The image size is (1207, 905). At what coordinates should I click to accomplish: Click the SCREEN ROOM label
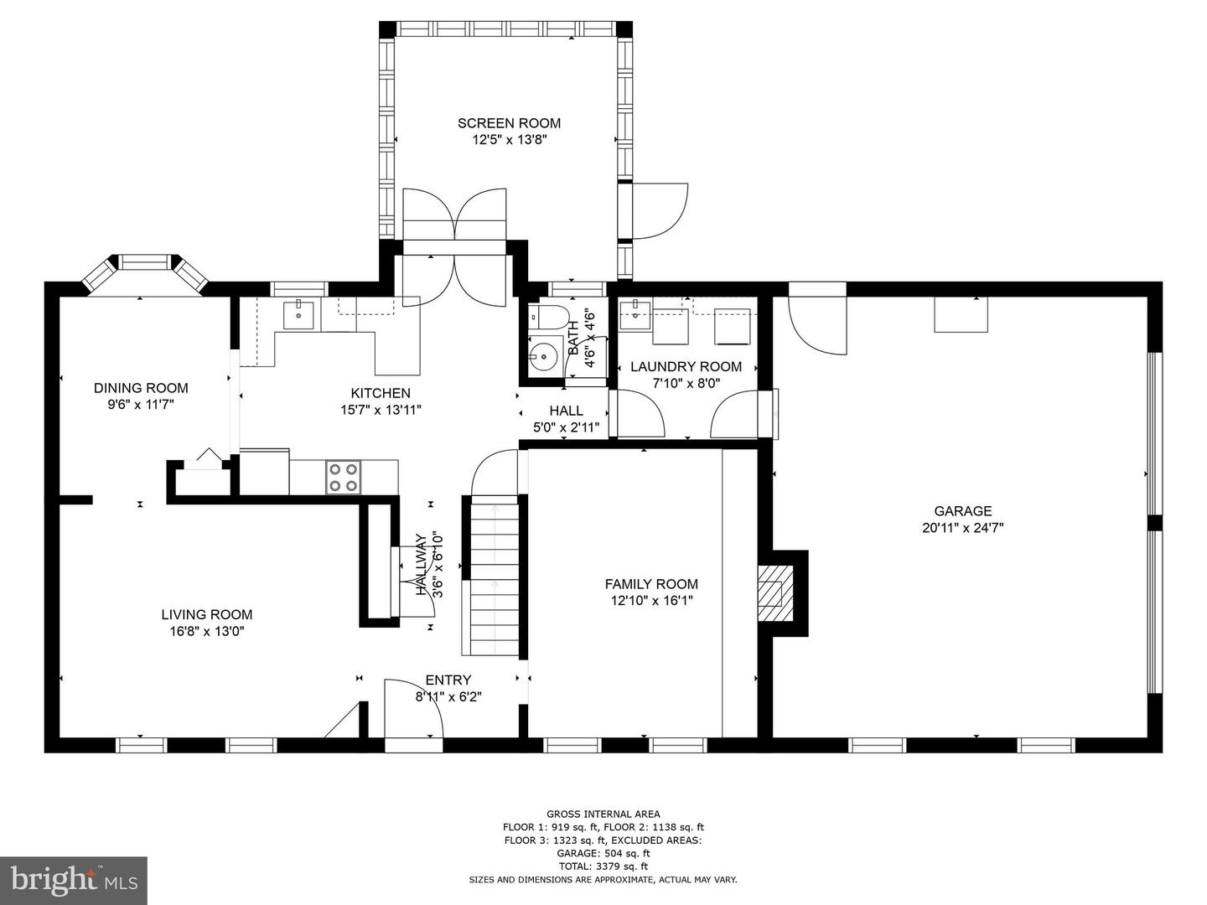(509, 123)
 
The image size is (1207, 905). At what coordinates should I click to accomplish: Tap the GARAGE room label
(962, 510)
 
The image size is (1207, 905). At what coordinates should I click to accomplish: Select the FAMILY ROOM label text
(651, 584)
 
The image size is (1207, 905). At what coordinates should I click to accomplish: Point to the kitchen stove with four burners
(343, 477)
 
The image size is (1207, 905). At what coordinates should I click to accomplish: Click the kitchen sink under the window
(298, 315)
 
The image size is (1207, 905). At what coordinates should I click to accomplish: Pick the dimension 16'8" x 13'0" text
(207, 631)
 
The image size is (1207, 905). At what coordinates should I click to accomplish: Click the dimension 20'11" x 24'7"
(962, 528)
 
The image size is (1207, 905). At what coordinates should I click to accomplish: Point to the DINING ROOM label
(141, 388)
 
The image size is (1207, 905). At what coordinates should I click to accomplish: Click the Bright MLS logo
(74, 881)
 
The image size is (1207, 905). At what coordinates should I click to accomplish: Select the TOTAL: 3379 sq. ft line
(603, 866)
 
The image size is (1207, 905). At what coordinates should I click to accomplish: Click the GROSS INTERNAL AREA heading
(603, 814)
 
